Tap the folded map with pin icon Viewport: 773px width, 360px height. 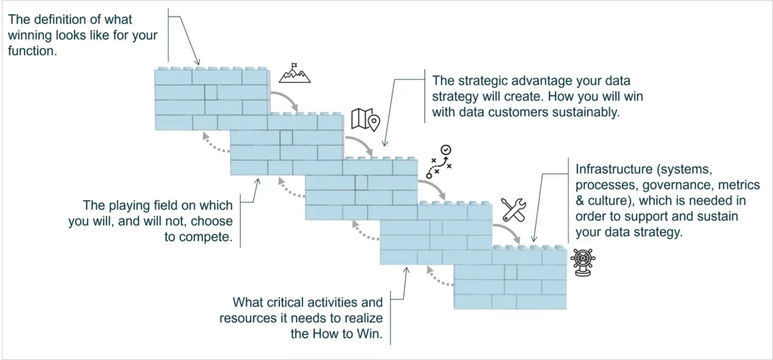(366, 119)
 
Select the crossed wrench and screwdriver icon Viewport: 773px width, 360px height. (513, 210)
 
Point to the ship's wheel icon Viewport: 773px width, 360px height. (583, 262)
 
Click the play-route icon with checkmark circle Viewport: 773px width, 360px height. (439, 162)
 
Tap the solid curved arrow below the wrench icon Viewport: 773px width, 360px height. (508, 232)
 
